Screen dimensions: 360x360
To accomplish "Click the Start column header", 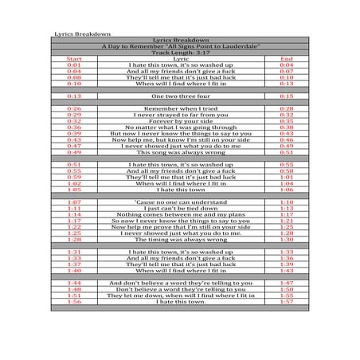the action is point(74,59).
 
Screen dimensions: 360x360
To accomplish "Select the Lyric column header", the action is point(180,59).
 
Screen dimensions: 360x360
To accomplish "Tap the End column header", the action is point(287,59).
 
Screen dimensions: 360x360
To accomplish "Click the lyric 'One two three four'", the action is point(180,96).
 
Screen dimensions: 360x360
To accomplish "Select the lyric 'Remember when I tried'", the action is point(180,108).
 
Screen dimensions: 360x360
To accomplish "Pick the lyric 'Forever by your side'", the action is point(180,120).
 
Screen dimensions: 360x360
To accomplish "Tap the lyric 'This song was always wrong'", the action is point(180,151).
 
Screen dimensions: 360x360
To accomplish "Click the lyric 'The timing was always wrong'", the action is point(180,239).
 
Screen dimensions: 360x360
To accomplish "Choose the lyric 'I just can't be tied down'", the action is point(180,208).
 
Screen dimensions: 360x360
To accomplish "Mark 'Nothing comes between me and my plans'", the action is point(180,214).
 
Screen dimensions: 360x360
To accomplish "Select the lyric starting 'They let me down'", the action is point(180,295).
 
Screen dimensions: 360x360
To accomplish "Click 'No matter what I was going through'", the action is point(180,127).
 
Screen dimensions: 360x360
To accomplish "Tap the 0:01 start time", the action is point(74,65).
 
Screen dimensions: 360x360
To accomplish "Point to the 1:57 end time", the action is point(287,302).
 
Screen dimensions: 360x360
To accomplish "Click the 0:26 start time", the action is point(74,108).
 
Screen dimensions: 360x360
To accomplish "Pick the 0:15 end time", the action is point(287,96).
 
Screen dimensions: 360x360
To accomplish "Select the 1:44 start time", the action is point(74,283).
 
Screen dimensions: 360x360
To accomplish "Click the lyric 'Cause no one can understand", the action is point(180,202).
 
